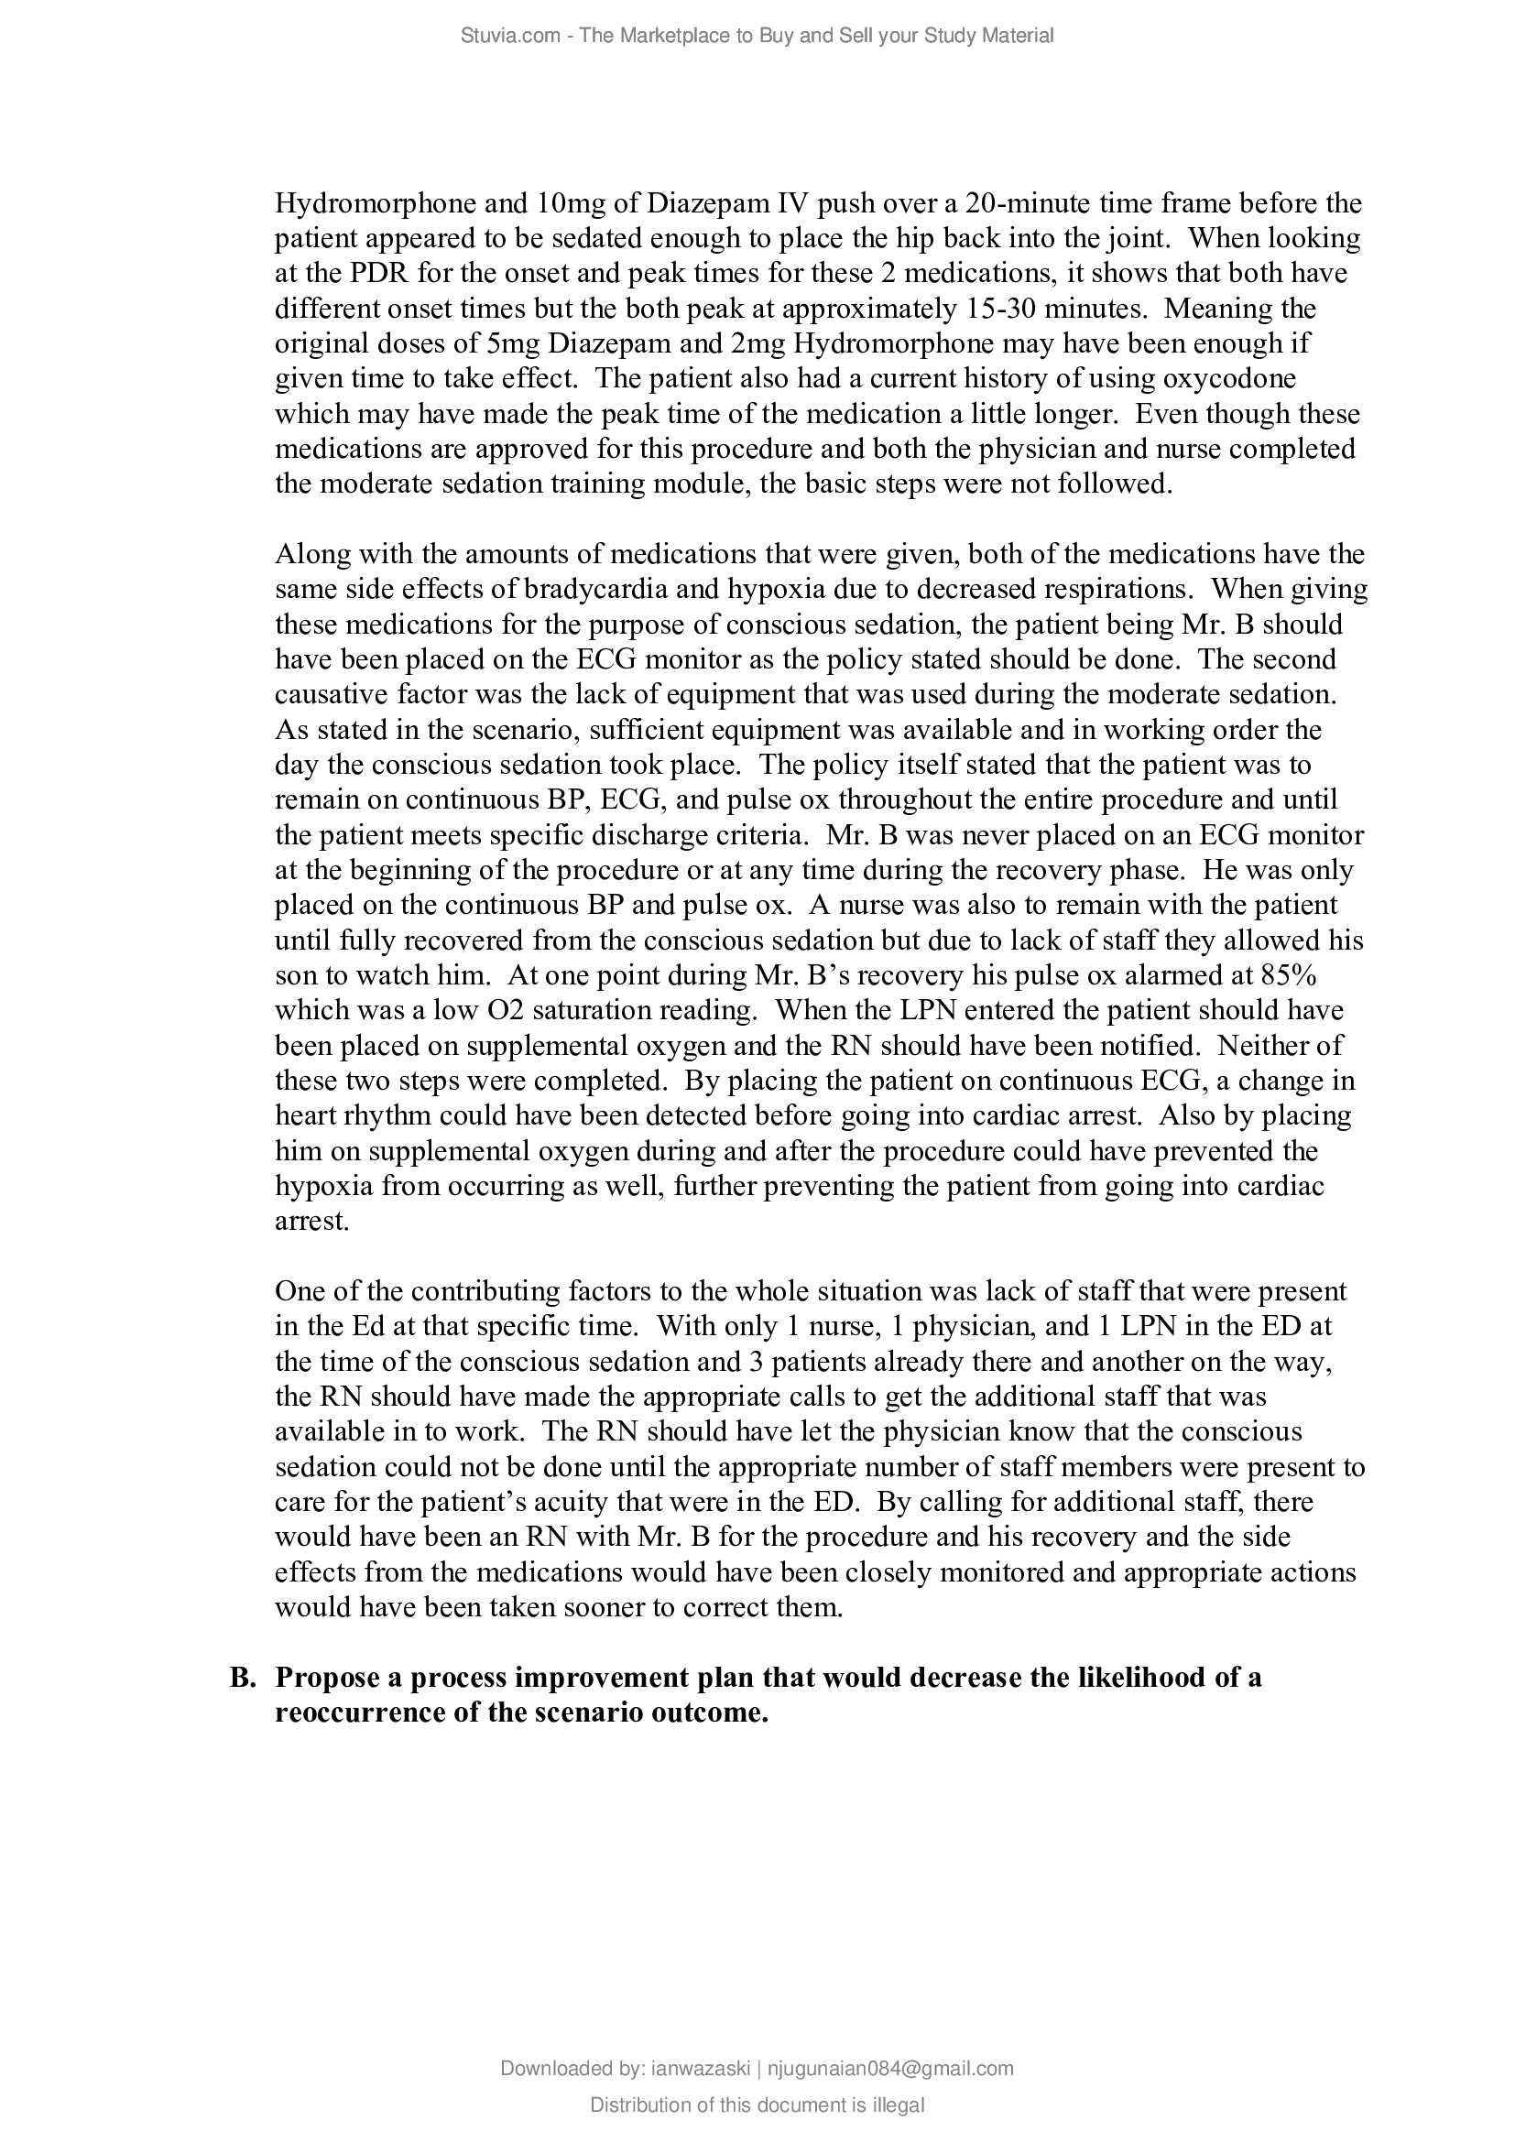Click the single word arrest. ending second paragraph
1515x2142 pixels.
(311, 1222)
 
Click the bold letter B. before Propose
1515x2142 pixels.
(243, 1679)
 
